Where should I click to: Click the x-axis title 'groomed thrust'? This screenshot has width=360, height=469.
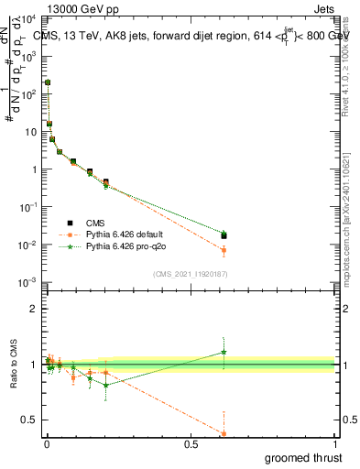point(303,457)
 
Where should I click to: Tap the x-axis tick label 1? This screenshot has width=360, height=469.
point(334,443)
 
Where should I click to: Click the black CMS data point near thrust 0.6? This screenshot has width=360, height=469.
point(224,236)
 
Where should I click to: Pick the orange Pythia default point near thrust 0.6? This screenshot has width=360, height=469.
point(224,250)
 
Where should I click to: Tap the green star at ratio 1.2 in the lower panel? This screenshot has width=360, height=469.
point(224,353)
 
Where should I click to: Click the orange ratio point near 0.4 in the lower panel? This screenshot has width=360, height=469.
point(224,433)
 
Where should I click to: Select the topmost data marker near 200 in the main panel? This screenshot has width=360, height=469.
point(48,82)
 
